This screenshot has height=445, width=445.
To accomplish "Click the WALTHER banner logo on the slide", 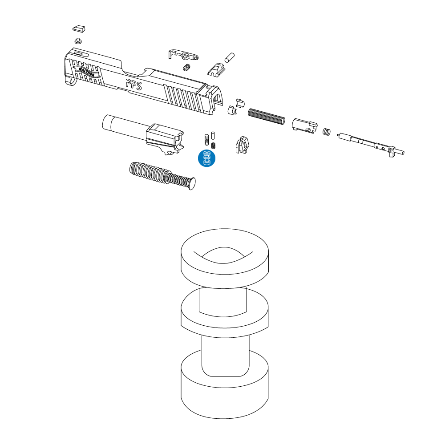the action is (86, 71).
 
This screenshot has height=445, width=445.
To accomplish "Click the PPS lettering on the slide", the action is (134, 85).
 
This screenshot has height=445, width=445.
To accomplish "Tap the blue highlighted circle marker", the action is (206, 158).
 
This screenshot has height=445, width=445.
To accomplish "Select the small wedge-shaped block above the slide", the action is (79, 28).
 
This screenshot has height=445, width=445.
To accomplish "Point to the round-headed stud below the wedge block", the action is (78, 41).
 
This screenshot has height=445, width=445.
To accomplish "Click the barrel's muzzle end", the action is (107, 122).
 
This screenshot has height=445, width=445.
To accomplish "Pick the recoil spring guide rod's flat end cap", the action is (191, 183).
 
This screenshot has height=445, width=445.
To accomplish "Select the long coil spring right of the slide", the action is (267, 116).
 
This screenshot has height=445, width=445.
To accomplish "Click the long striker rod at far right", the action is (371, 144).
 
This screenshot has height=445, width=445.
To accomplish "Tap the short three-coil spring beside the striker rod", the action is (327, 132).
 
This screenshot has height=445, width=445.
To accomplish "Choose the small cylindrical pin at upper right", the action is (229, 57).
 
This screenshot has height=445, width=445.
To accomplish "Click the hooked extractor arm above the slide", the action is (183, 54).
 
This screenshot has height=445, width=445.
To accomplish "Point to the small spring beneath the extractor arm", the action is (186, 68).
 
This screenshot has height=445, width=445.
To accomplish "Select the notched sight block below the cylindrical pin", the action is (216, 70).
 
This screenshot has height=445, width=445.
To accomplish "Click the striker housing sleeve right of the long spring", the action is (304, 126).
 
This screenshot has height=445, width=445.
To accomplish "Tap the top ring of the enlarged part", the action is (225, 259).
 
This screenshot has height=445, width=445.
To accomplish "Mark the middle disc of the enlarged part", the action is (224, 312).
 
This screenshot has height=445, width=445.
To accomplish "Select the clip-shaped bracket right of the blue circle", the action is (243, 145).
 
